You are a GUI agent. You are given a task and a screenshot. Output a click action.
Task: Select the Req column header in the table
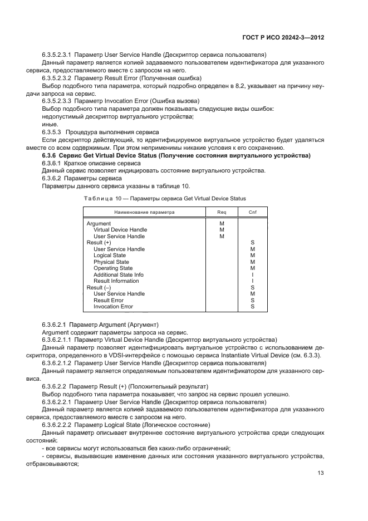tap(222, 212)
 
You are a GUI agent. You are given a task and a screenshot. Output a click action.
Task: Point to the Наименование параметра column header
tap(144, 212)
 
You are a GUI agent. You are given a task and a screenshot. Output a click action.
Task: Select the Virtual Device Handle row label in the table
tap(120, 230)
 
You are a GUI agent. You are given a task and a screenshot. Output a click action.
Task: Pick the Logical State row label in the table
tap(110, 255)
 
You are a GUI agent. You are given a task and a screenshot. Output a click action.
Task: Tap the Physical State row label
tap(111, 262)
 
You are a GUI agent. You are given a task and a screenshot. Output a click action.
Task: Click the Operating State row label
tap(113, 268)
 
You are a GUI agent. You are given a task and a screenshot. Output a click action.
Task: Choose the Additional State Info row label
tap(119, 274)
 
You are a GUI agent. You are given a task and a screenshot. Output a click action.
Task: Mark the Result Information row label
tap(116, 281)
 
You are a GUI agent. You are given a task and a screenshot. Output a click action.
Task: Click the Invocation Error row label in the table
tap(113, 307)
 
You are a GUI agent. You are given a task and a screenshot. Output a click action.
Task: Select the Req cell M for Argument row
tap(222, 223)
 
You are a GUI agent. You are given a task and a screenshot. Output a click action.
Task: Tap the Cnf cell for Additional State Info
tap(252, 274)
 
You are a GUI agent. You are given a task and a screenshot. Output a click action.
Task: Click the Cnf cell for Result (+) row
tap(252, 243)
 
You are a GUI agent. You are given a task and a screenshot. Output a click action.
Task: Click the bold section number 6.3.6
tap(50, 155)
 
